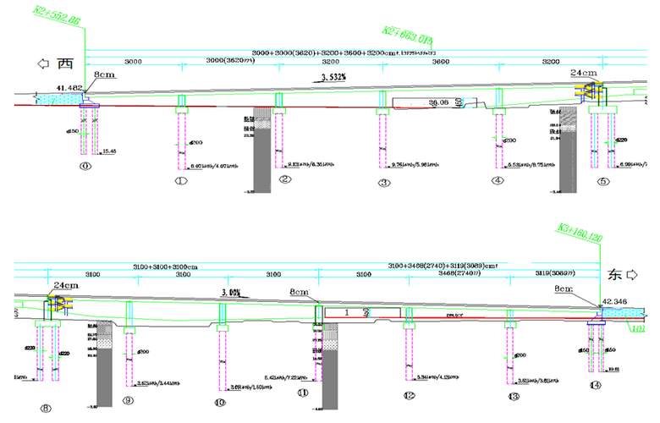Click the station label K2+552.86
point(56,14)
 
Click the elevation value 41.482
point(69,88)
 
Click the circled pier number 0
point(85,167)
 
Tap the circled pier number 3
point(384,182)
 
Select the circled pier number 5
point(603,182)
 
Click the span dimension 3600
point(440,62)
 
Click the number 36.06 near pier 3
point(438,102)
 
